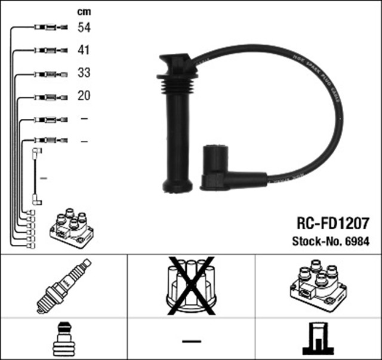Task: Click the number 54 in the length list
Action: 84,27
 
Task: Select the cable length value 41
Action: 84,51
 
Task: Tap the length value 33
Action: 84,74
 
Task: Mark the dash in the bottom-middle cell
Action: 191,341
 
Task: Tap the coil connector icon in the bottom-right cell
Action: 318,339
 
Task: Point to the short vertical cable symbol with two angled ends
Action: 37,177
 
